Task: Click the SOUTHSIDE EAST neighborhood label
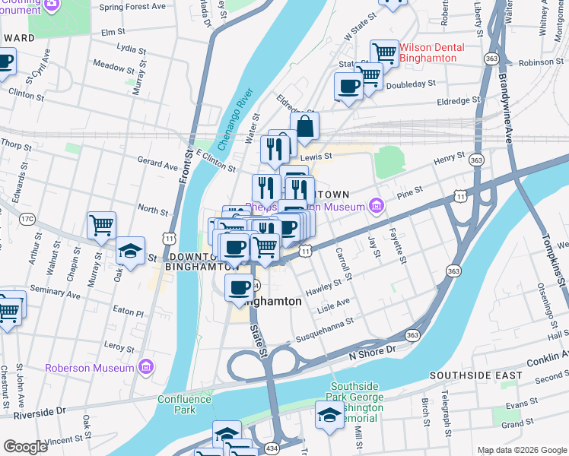(x=475, y=375)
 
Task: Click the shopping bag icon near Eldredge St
(x=304, y=128)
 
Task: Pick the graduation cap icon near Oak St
(x=131, y=252)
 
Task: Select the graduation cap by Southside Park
(x=329, y=416)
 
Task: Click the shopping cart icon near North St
(x=101, y=225)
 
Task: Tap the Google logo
(x=25, y=447)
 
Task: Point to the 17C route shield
(x=27, y=219)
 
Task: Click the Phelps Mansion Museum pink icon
(x=376, y=205)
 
